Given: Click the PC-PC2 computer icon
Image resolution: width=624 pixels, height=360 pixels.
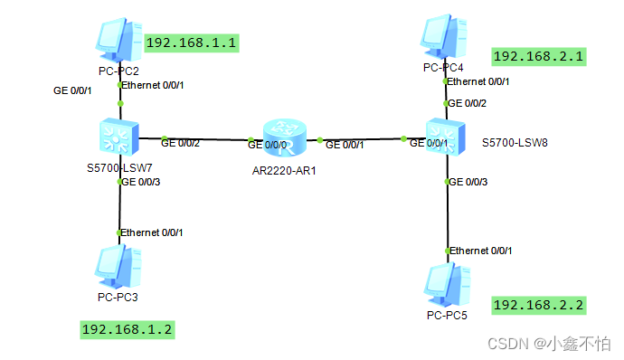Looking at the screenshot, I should (x=118, y=39).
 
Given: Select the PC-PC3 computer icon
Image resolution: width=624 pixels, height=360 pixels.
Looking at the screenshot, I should (x=118, y=266).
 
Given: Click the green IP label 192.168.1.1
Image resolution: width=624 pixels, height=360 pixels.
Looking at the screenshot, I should (x=191, y=43).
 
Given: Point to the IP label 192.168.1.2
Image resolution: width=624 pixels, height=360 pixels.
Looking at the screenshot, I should (x=127, y=329).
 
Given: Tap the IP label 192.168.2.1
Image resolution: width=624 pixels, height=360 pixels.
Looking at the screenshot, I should (x=538, y=56).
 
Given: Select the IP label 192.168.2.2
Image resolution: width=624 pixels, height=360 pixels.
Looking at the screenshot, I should (x=538, y=305).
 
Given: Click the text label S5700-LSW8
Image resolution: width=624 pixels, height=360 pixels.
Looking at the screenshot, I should (x=514, y=143).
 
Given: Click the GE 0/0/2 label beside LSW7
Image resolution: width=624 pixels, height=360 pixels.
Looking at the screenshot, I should (x=180, y=142).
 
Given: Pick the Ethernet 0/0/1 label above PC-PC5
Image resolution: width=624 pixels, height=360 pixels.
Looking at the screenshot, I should (x=481, y=250).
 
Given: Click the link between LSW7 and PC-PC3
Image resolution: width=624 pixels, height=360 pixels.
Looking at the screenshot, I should (x=119, y=208).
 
